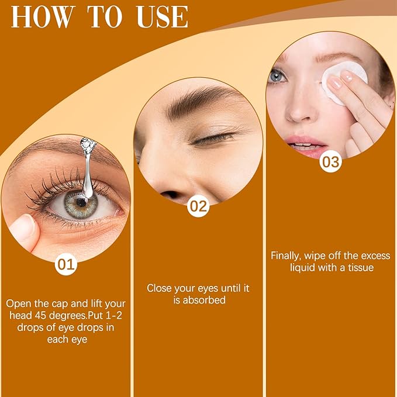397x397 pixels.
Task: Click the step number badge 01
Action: coord(66,264)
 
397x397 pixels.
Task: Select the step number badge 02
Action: coord(199,206)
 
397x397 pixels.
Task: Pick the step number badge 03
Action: coord(331,162)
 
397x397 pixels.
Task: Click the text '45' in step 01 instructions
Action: coord(51,315)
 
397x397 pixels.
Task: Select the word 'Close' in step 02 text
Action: coord(159,288)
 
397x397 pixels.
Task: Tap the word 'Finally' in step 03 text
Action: coord(288,256)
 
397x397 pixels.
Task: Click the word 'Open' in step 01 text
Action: coord(18,303)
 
